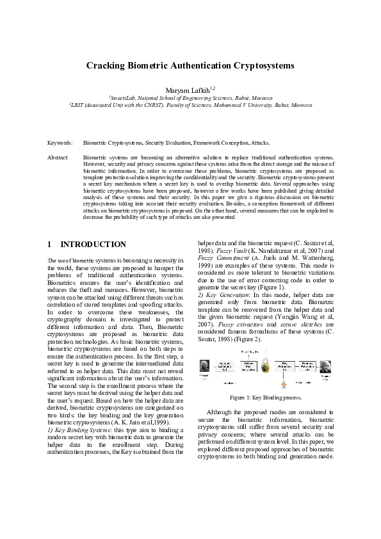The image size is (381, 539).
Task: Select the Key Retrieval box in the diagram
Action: click(286, 366)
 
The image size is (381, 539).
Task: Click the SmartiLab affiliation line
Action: click(190, 99)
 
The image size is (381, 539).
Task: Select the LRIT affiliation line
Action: click(190, 106)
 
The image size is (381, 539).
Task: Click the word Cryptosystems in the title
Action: click(257, 66)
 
